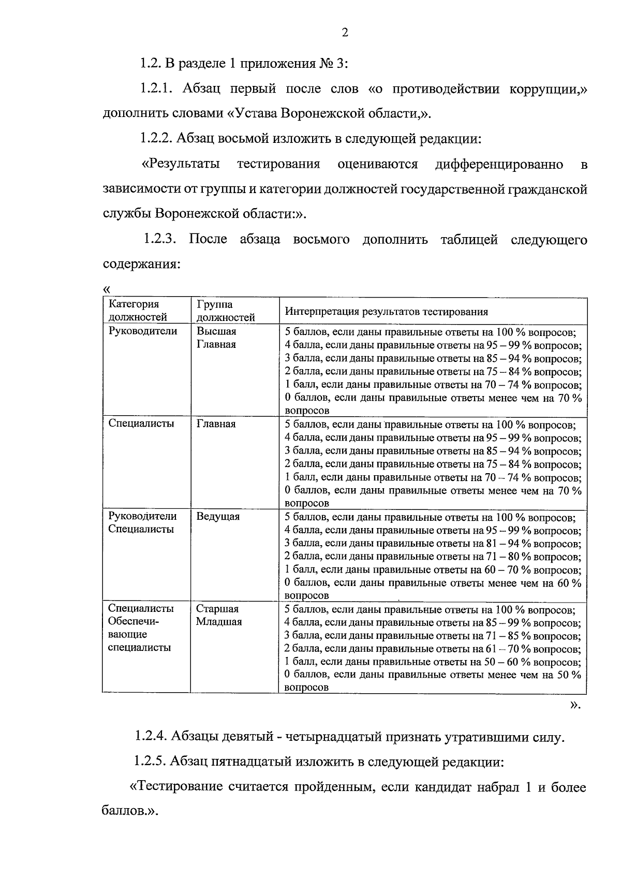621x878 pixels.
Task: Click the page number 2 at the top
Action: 345,33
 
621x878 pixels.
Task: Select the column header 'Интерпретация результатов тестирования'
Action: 387,312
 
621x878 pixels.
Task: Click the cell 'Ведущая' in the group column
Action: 218,517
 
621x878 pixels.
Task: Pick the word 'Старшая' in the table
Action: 217,609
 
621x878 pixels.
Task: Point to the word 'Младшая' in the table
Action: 218,622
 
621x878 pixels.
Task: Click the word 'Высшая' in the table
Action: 216,331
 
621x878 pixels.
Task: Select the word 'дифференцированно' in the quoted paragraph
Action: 499,165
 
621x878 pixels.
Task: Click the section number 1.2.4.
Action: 150,736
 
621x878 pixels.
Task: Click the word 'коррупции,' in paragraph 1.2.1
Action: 546,89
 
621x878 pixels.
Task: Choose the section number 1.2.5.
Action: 150,762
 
